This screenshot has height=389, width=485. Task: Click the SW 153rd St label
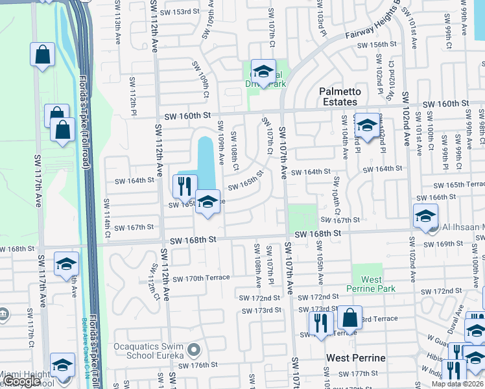pos(178,12)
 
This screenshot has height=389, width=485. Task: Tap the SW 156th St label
pos(378,43)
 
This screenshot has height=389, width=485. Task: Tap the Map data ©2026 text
pos(456,384)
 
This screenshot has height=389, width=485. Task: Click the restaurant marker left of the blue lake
pos(184,187)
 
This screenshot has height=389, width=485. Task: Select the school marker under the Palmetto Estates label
pos(367,125)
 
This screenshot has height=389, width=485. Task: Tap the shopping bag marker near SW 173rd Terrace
pos(349,318)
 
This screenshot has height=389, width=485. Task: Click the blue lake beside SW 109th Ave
pos(206,162)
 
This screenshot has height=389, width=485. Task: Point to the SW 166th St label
pos(447,196)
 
